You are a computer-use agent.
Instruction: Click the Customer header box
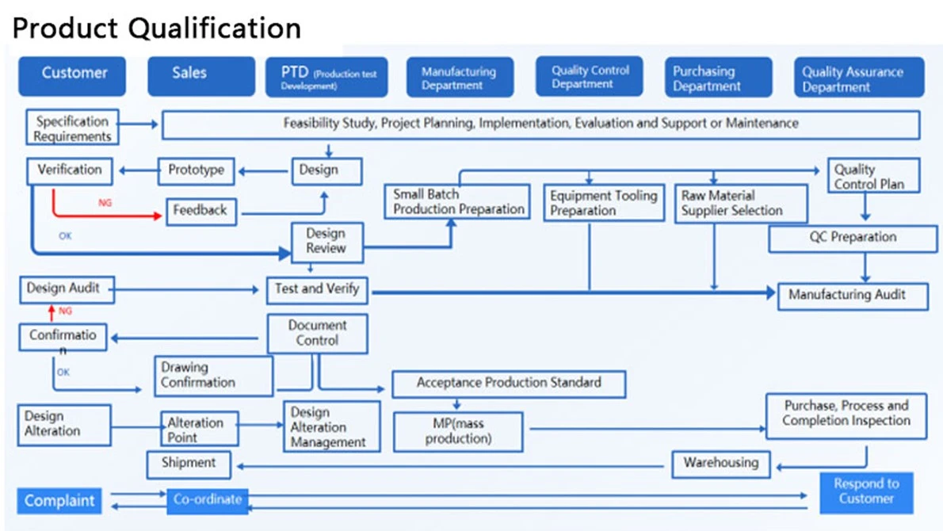click(x=72, y=76)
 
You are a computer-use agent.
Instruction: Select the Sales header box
click(x=200, y=76)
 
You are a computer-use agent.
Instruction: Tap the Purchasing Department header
click(x=718, y=77)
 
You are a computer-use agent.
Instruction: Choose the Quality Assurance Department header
click(x=859, y=77)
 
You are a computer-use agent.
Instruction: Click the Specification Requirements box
click(x=72, y=127)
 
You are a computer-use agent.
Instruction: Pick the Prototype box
click(x=196, y=170)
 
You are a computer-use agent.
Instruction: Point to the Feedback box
click(x=200, y=212)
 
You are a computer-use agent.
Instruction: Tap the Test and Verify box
click(x=317, y=290)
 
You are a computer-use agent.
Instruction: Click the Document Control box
click(x=317, y=333)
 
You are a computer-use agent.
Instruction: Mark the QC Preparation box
click(x=852, y=238)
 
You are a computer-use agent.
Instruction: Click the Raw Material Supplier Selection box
click(x=740, y=203)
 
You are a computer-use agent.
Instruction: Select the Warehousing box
click(x=720, y=464)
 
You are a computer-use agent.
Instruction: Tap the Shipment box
click(x=189, y=464)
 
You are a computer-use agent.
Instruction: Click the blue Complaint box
click(x=59, y=500)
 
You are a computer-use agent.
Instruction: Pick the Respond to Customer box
click(x=866, y=492)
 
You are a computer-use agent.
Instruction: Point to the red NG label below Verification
click(x=105, y=203)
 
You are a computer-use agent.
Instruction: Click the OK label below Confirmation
click(x=63, y=372)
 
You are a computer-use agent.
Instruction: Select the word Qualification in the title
click(x=215, y=29)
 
